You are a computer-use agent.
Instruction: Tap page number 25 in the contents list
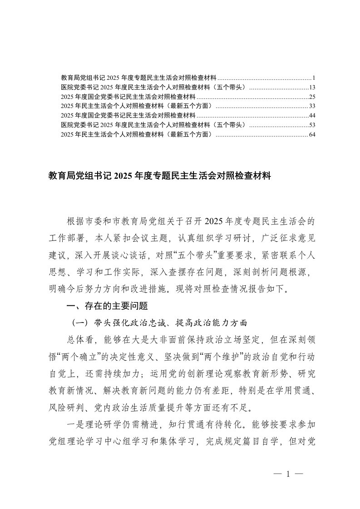point(312,97)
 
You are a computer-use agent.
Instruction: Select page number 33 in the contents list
point(312,106)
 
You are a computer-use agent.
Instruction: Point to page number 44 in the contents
point(312,116)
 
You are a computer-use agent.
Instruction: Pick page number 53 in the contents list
point(312,125)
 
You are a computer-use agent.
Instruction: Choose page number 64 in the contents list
point(312,134)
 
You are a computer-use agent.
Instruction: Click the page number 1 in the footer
point(288,475)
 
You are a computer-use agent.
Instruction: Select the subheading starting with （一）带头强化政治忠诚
point(159,323)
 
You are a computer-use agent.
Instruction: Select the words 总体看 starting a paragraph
point(80,340)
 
